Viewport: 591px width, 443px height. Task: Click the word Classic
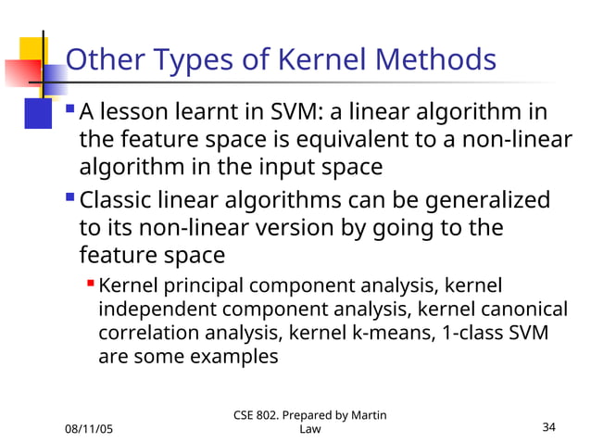point(118,201)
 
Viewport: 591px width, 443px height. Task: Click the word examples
point(233,356)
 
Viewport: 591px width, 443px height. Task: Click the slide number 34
point(548,427)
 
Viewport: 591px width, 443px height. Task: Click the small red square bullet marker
point(90,282)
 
